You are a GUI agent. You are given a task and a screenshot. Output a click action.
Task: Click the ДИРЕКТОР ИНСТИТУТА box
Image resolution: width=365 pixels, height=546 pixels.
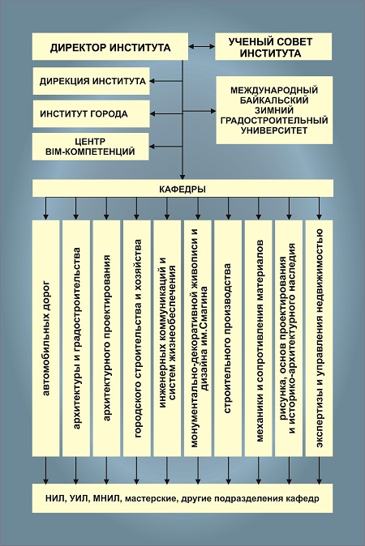[x=110, y=47]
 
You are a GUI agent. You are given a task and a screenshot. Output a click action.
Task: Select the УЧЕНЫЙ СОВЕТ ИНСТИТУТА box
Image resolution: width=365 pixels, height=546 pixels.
[x=273, y=47]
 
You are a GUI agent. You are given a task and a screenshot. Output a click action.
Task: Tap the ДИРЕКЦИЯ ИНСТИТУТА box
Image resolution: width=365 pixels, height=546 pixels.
[x=92, y=81]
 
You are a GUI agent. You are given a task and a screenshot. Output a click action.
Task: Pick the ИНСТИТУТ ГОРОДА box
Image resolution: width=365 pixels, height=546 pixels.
[x=92, y=114]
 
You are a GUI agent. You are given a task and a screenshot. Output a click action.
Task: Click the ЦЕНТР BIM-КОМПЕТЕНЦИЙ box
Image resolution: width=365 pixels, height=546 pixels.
[x=91, y=147]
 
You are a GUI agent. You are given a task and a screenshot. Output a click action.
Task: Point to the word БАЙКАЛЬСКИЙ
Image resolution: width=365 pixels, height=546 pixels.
[x=274, y=100]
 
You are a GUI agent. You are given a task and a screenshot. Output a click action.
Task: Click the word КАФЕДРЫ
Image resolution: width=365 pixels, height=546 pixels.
[x=182, y=190]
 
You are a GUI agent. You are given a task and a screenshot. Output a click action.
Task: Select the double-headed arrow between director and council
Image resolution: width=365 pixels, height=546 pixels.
[x=201, y=46]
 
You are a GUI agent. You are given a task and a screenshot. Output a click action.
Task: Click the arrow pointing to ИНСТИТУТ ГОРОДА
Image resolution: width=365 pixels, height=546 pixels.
[x=166, y=114]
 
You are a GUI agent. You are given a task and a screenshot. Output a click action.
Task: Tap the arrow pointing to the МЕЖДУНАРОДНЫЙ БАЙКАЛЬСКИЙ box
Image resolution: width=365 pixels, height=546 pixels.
[x=199, y=111]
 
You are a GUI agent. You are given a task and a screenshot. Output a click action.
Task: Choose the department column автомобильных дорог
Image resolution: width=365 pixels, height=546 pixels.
[x=45, y=338]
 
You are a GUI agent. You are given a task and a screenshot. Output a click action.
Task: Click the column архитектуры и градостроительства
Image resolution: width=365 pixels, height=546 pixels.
[x=76, y=338]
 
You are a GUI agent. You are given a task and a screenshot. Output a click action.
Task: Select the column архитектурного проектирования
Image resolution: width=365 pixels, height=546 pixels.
[x=106, y=338]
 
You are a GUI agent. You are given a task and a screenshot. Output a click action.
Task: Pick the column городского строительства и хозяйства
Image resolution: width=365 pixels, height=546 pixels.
[x=136, y=338]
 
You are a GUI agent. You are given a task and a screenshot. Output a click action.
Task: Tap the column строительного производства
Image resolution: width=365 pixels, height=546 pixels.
[x=228, y=338]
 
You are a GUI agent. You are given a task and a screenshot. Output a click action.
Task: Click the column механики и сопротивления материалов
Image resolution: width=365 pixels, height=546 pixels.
[x=259, y=338]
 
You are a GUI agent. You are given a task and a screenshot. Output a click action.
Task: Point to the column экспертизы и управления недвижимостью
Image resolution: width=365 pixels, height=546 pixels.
[x=320, y=338]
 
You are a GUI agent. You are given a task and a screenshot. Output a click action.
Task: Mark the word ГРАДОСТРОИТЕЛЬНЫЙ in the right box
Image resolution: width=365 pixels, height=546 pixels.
[x=274, y=121]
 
